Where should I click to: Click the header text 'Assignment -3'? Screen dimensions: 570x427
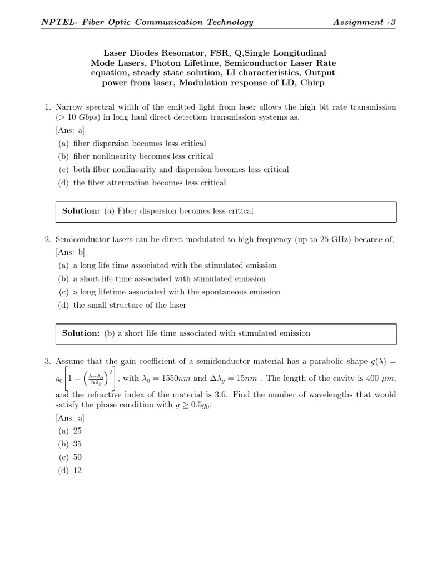pyautogui.click(x=364, y=22)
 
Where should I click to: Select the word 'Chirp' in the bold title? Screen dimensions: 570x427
pyautogui.click(x=313, y=83)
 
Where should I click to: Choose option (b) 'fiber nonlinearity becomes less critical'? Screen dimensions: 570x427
pyautogui.click(x=136, y=157)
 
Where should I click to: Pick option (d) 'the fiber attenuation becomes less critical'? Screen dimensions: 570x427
pyautogui.click(x=142, y=183)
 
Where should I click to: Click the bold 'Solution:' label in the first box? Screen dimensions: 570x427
pyautogui.click(x=81, y=211)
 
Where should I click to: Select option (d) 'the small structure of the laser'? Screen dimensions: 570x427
pyautogui.click(x=122, y=305)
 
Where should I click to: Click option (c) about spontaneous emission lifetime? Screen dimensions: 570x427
pyautogui.click(x=169, y=292)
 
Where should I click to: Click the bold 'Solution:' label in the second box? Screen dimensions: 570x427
pyautogui.click(x=81, y=333)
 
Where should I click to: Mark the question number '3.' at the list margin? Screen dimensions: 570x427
pyautogui.click(x=48, y=362)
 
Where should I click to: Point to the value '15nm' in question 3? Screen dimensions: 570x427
pyautogui.click(x=248, y=379)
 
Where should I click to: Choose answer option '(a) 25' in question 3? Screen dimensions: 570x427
pyautogui.click(x=71, y=431)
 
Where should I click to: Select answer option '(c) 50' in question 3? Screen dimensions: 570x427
pyautogui.click(x=71, y=457)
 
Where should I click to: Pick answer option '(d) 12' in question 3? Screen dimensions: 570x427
pyautogui.click(x=71, y=470)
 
